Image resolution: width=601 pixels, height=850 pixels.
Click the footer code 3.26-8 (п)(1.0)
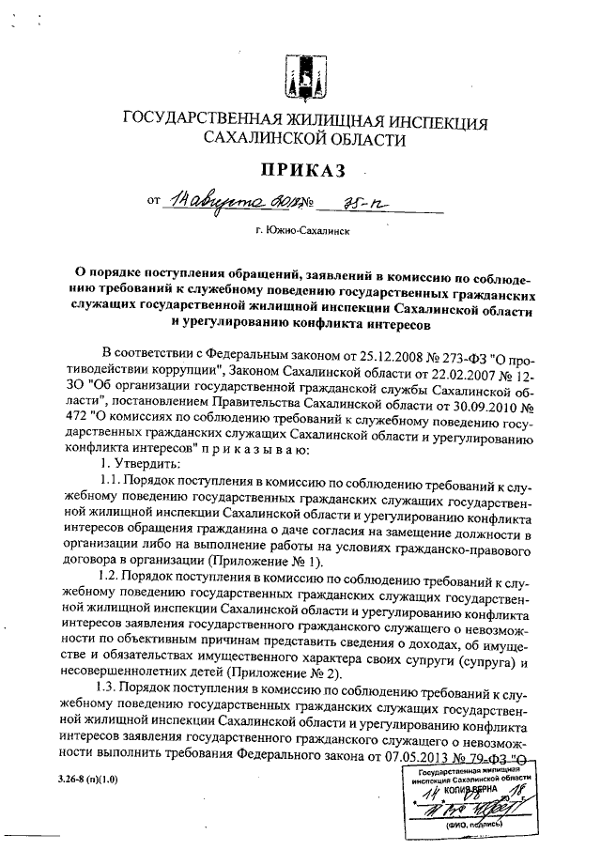[x=86, y=780]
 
